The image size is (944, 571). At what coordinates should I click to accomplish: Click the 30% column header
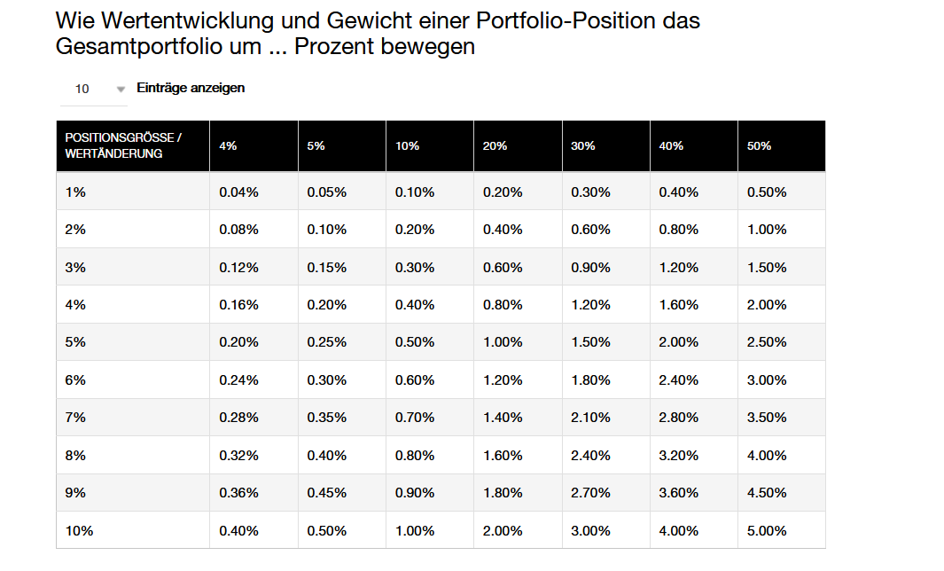pyautogui.click(x=583, y=146)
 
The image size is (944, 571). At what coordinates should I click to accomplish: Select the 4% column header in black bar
pyautogui.click(x=228, y=146)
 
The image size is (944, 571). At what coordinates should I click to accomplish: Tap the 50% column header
pyautogui.click(x=760, y=146)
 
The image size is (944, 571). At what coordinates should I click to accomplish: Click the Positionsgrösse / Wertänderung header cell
pyautogui.click(x=123, y=146)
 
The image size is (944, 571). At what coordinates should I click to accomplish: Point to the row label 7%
pyautogui.click(x=75, y=418)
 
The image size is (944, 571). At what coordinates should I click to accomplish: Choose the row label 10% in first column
pyautogui.click(x=79, y=531)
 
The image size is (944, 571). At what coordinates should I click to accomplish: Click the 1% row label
pyautogui.click(x=75, y=192)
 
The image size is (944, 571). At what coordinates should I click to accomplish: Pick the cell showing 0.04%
pyautogui.click(x=238, y=192)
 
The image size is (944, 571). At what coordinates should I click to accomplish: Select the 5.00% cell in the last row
pyautogui.click(x=767, y=531)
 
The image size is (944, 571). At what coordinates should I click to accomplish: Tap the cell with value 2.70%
pyautogui.click(x=590, y=493)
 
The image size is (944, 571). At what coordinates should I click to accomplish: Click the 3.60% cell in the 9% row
pyautogui.click(x=679, y=493)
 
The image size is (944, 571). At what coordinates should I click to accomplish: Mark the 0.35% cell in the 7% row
pyautogui.click(x=327, y=418)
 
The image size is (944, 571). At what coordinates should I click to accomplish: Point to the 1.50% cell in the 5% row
pyautogui.click(x=590, y=342)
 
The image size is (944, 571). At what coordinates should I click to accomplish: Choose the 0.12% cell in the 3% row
pyautogui.click(x=238, y=267)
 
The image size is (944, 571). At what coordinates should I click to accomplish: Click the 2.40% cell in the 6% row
pyautogui.click(x=679, y=380)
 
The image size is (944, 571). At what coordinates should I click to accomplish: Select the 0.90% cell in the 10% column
pyautogui.click(x=415, y=493)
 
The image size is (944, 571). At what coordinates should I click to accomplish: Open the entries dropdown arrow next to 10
pyautogui.click(x=121, y=90)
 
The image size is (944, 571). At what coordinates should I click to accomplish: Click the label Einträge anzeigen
pyautogui.click(x=191, y=88)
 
